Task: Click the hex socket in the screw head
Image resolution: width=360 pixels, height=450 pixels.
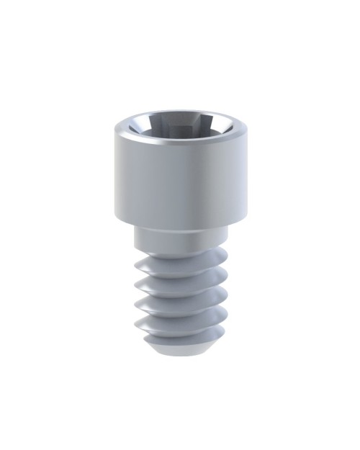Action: coord(181,127)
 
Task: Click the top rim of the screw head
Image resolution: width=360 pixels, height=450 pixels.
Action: coord(180,113)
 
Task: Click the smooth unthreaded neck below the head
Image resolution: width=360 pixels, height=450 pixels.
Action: coord(180,236)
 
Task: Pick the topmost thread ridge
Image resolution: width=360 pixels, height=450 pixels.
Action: coord(180,257)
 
